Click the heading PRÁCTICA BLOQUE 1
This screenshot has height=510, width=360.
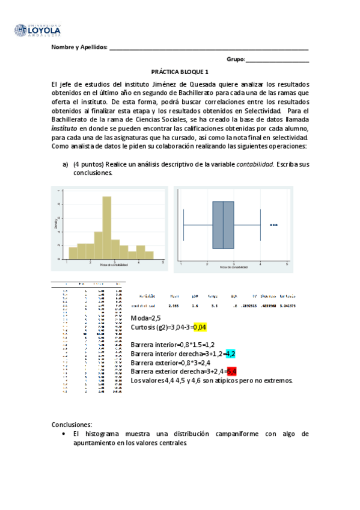[x=180, y=70]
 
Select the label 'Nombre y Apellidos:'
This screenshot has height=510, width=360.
[x=79, y=48]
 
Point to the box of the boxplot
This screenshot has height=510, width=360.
[x=224, y=225]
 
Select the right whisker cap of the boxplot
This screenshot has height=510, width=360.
[x=260, y=225]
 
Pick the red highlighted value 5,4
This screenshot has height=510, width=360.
[x=231, y=372]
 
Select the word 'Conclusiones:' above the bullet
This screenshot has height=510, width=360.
[x=72, y=424]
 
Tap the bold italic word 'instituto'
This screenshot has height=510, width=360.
[x=64, y=128]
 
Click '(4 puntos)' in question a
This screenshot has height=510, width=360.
[x=90, y=164]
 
